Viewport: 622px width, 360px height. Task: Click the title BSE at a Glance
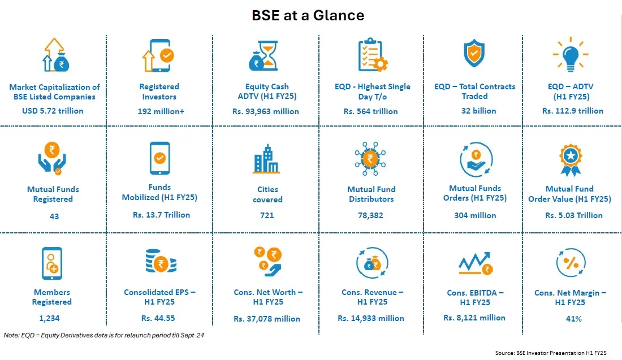pyautogui.click(x=308, y=15)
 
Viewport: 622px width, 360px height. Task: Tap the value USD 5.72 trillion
pyautogui.click(x=54, y=111)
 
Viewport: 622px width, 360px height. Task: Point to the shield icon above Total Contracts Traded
pyautogui.click(x=474, y=54)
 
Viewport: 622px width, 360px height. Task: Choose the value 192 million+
pyautogui.click(x=159, y=111)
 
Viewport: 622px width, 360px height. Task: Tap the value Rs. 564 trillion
pyautogui.click(x=370, y=111)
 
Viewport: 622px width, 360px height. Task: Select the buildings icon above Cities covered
pyautogui.click(x=266, y=158)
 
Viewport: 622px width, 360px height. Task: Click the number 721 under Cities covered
pyautogui.click(x=266, y=215)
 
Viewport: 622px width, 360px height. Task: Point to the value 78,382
pyautogui.click(x=371, y=215)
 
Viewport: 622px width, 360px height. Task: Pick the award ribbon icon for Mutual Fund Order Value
pyautogui.click(x=570, y=159)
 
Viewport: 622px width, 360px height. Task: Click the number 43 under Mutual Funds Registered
pyautogui.click(x=54, y=216)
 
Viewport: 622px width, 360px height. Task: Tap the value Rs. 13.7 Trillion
pyautogui.click(x=161, y=215)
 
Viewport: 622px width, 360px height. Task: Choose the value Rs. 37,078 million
pyautogui.click(x=267, y=319)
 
